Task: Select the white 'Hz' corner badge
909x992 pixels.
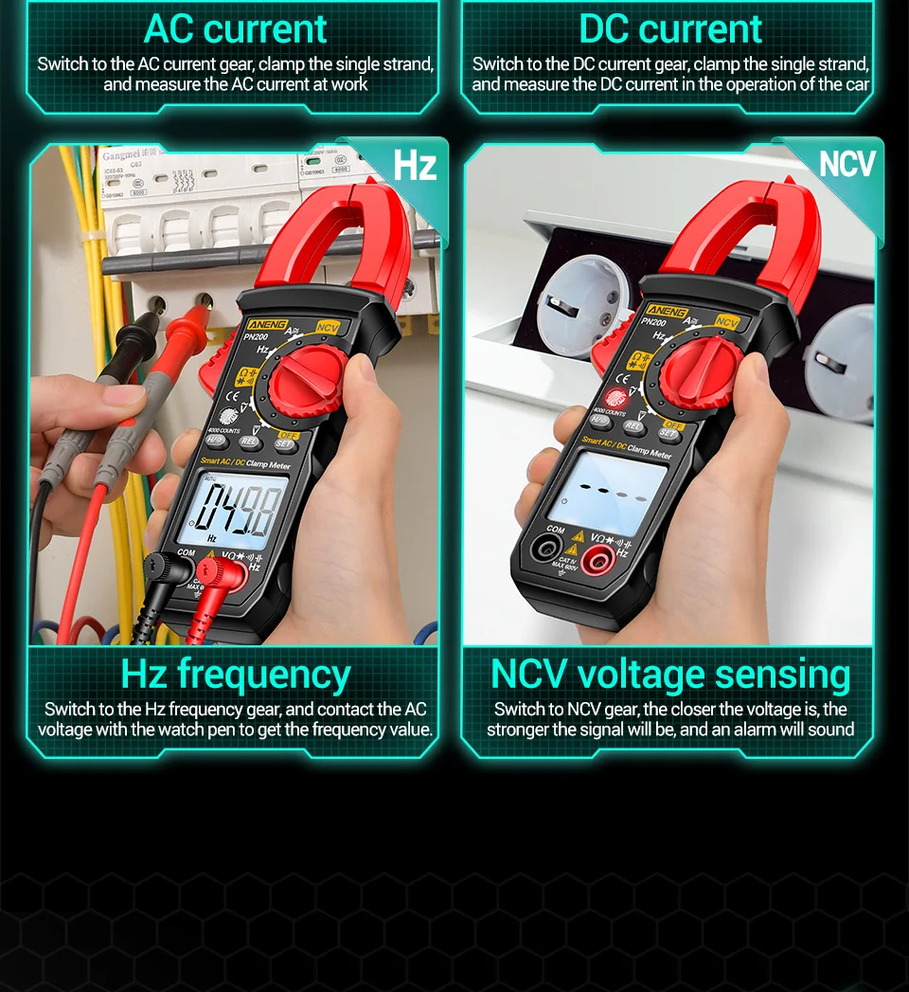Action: (415, 166)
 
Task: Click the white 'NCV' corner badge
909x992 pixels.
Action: (847, 164)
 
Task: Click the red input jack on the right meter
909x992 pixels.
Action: (596, 562)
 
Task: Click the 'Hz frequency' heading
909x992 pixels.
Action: (235, 675)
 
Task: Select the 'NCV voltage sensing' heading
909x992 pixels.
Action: (669, 675)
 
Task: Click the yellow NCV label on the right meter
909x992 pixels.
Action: (726, 323)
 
